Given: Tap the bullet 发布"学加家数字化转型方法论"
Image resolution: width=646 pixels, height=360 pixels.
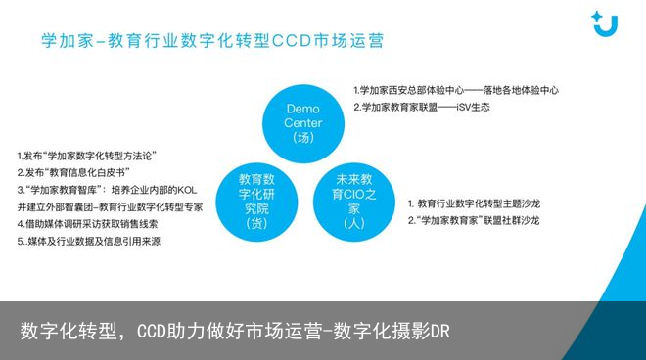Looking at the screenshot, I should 88,156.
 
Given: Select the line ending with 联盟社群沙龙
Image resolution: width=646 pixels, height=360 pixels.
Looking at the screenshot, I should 475,221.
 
